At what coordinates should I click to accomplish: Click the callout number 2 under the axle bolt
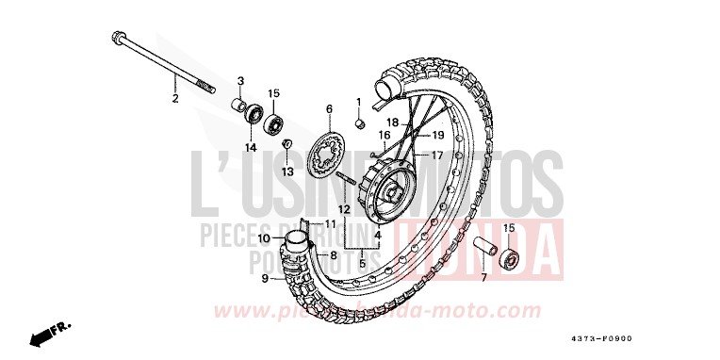point(174,98)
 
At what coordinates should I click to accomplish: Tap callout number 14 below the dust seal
point(252,148)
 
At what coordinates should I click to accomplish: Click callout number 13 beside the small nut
point(288,172)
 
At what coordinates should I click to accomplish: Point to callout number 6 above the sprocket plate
point(330,109)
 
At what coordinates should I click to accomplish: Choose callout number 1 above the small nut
point(359,101)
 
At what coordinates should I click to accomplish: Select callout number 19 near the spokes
point(437,135)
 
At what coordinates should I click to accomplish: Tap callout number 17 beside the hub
point(438,155)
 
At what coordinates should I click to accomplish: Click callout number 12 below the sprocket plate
point(345,208)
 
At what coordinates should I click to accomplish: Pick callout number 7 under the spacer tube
point(483,279)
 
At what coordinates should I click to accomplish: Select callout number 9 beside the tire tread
point(266,277)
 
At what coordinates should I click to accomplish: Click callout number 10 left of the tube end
point(265,238)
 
